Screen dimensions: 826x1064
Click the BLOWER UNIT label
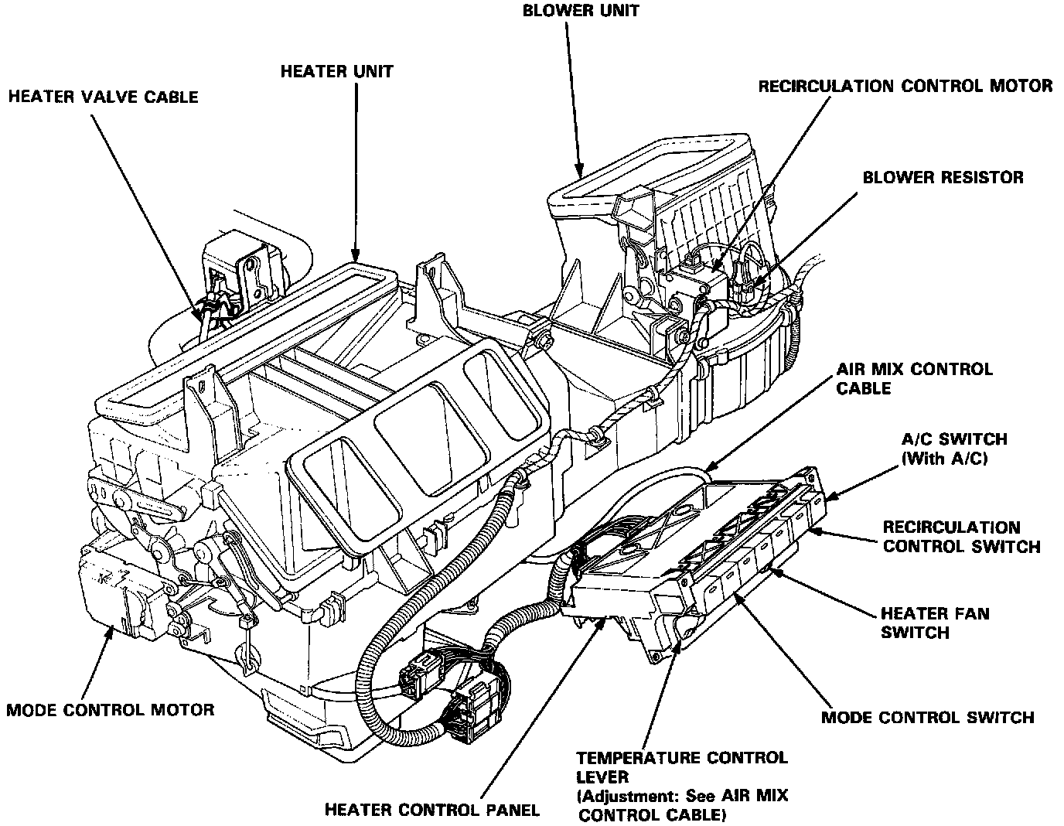[x=581, y=12]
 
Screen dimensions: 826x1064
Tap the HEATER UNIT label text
[x=336, y=72]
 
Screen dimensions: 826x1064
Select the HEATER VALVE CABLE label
[x=103, y=97]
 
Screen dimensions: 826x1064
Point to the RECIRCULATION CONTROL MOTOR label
[x=905, y=86]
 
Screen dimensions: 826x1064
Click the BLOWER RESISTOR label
[x=943, y=178]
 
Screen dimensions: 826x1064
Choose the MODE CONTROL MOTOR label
[x=111, y=709]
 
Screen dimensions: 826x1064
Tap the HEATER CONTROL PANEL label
[x=431, y=810]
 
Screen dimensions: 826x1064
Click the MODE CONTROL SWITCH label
[x=927, y=717]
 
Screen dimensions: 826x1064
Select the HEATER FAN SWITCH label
[x=934, y=623]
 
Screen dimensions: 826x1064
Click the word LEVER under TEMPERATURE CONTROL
[x=602, y=776]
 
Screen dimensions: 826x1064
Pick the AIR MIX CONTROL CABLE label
[x=914, y=378]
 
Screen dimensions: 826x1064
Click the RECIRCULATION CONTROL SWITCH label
[x=961, y=537]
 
